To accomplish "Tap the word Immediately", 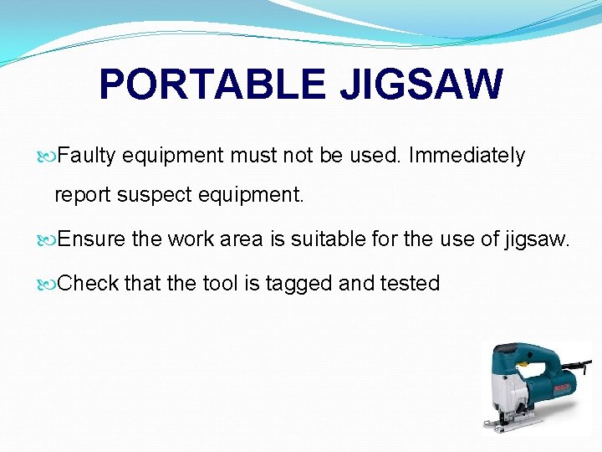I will point(467,156).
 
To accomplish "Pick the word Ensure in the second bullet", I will point(93,240).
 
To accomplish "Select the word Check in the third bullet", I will point(89,284).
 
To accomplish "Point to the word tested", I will point(410,284).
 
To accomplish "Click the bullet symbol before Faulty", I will point(48,157).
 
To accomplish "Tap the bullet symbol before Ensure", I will point(48,241).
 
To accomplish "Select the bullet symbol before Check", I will point(48,285).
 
